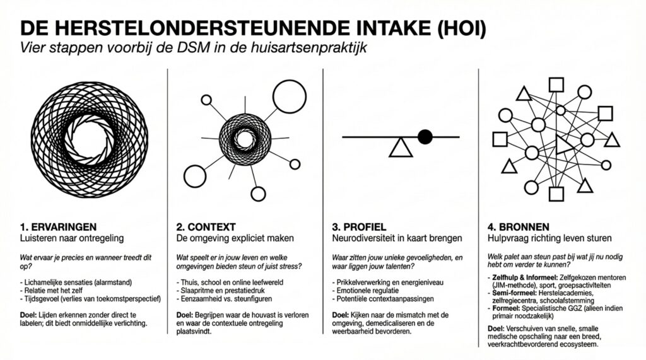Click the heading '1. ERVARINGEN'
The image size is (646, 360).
click(x=58, y=227)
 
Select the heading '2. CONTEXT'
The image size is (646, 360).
click(x=206, y=227)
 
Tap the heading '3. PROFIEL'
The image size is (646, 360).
click(x=359, y=227)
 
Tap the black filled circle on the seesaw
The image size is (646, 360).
click(x=425, y=137)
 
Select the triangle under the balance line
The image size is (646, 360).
click(x=401, y=148)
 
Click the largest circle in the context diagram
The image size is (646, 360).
click(x=290, y=96)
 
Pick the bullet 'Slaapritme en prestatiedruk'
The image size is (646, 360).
click(x=223, y=291)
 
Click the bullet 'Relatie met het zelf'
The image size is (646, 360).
click(x=51, y=291)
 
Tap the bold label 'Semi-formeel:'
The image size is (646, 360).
click(x=515, y=293)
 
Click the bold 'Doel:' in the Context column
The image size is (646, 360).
click(x=185, y=315)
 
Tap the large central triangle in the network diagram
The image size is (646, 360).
click(x=563, y=144)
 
